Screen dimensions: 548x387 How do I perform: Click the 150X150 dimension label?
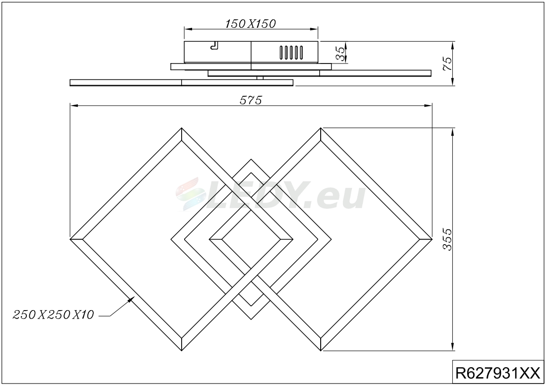[x=250, y=24]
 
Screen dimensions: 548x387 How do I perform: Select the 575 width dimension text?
[x=251, y=100]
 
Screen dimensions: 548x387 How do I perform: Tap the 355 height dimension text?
[x=447, y=239]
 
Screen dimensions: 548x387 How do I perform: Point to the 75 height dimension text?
[x=447, y=64]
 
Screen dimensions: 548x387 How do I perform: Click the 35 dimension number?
[x=340, y=54]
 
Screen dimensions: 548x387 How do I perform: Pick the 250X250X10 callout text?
[x=54, y=315]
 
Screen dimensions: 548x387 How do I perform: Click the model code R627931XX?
[x=498, y=374]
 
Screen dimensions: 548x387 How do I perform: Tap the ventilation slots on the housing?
[x=291, y=53]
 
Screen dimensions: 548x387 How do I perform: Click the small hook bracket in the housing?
[x=214, y=46]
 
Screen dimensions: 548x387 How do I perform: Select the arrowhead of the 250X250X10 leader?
[x=132, y=299]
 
